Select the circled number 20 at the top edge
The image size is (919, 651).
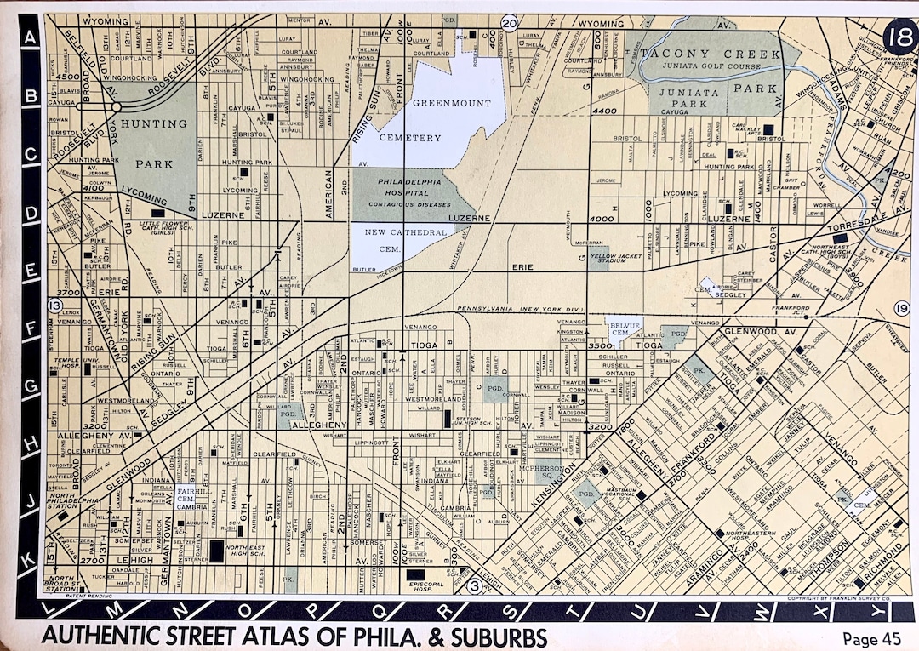(x=510, y=23)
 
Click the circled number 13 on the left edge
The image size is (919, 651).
(x=56, y=306)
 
